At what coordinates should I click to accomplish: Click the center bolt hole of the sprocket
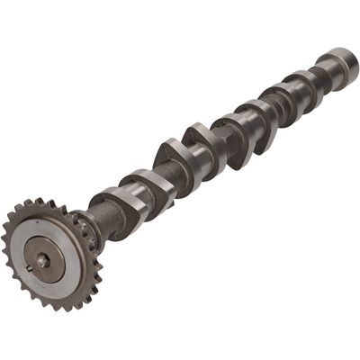(x=42, y=260)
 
